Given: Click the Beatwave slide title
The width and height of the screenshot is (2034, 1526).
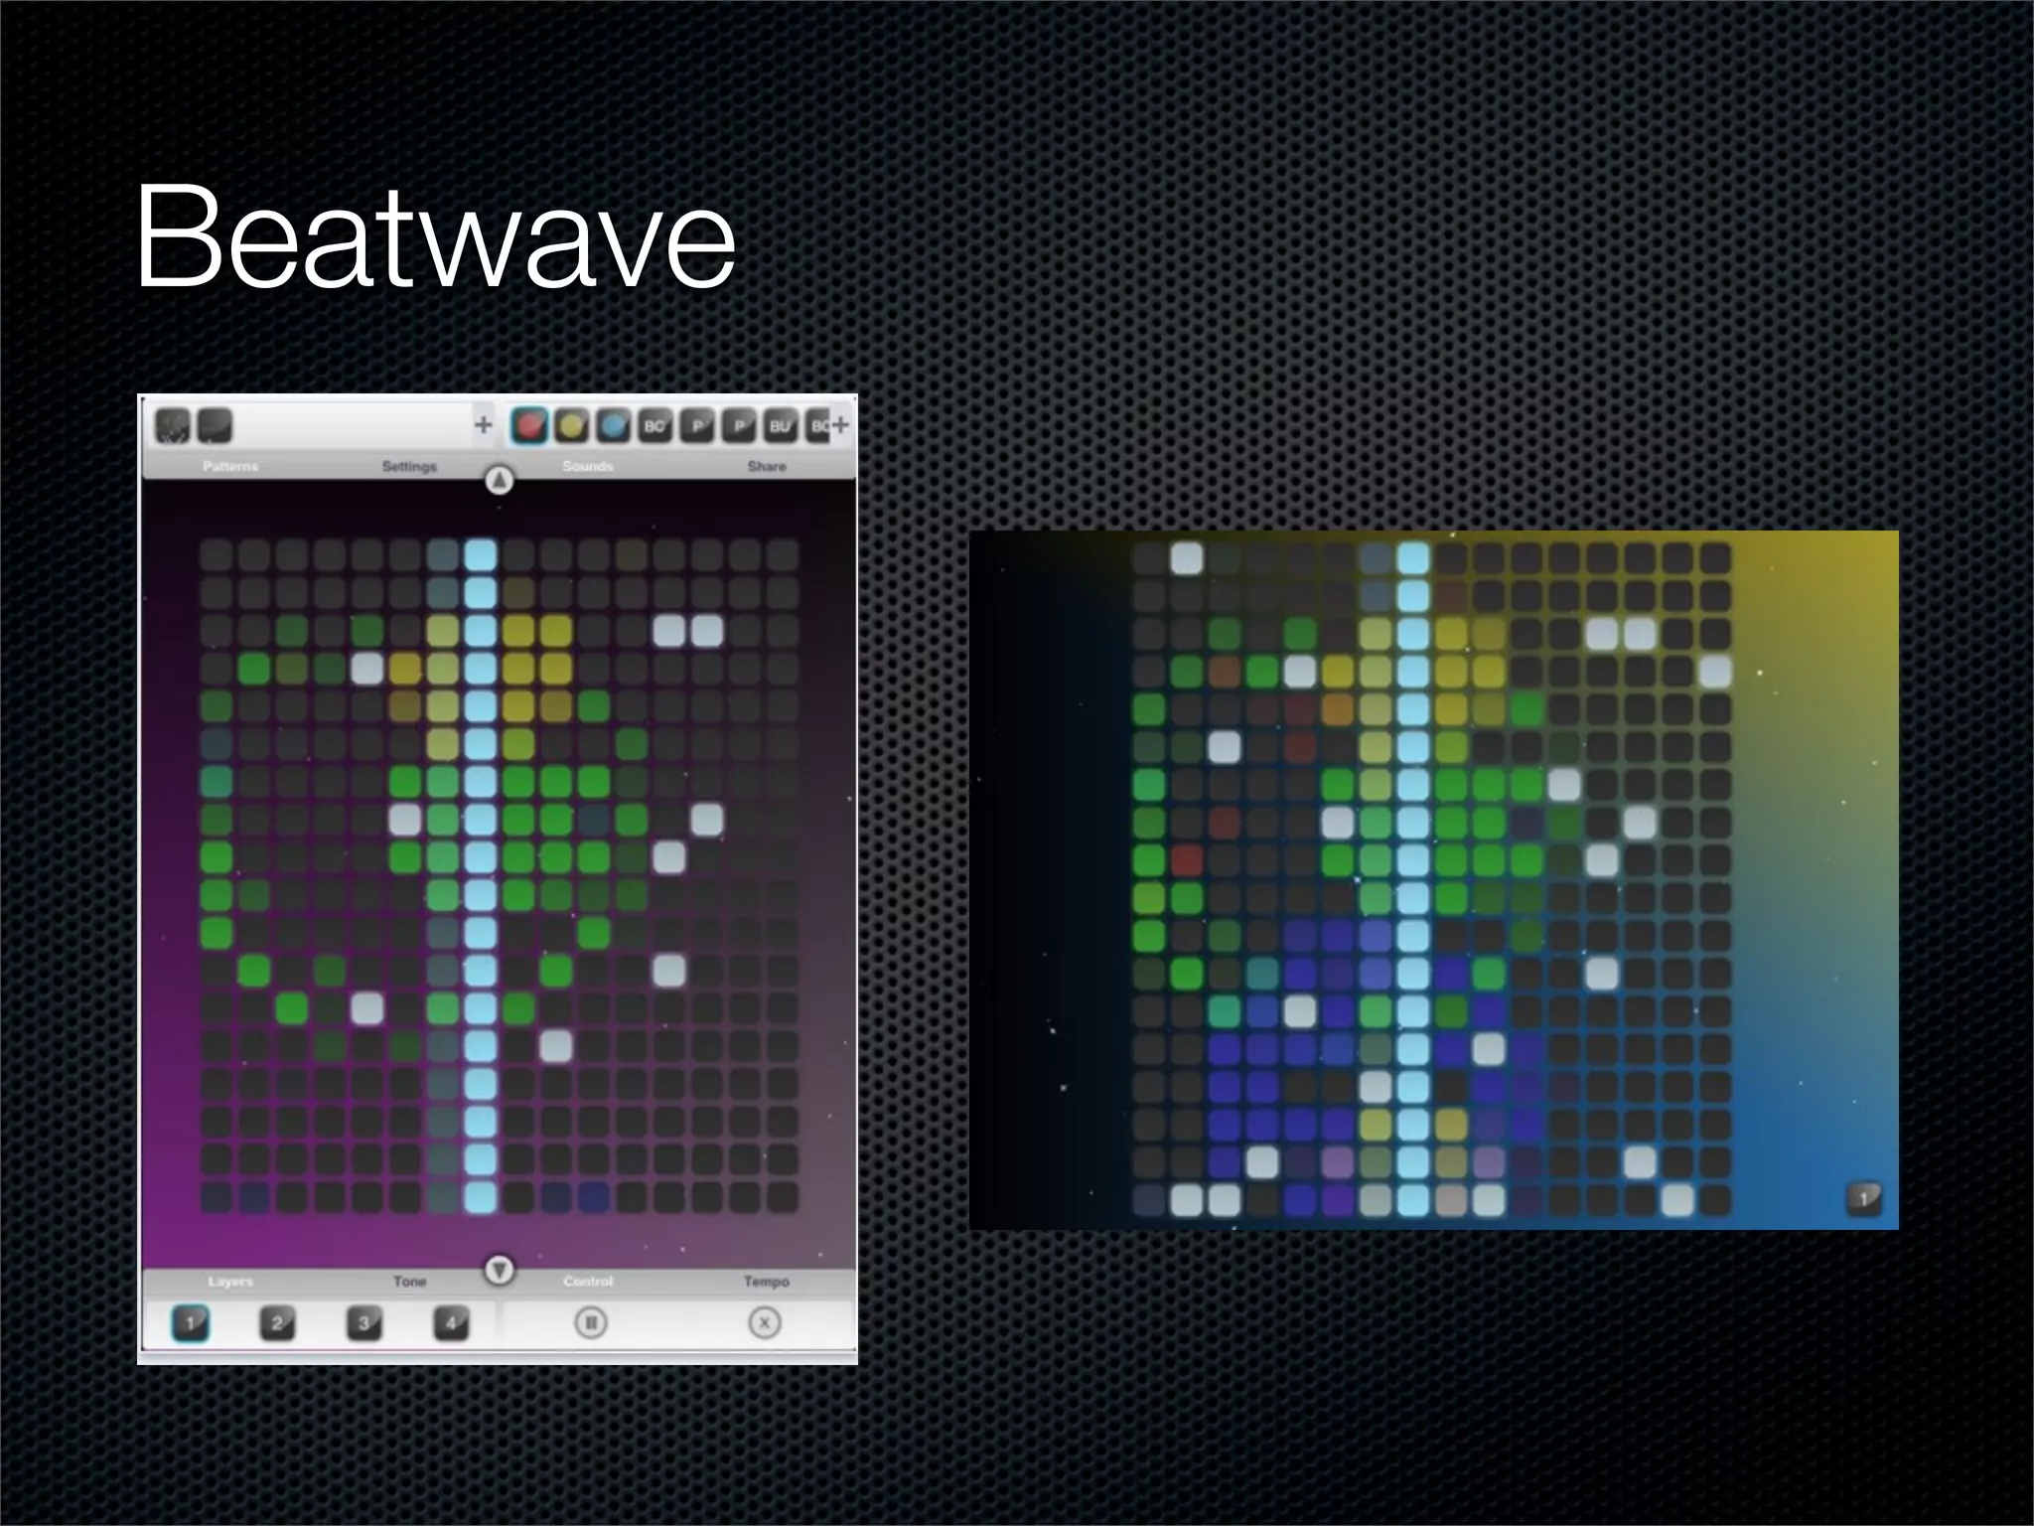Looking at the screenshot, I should (x=435, y=237).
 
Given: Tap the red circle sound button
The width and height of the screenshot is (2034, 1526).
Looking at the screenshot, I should (x=530, y=426).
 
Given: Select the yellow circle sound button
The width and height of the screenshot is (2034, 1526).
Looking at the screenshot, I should (x=571, y=426).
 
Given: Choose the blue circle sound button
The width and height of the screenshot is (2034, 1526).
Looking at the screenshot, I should (x=613, y=426).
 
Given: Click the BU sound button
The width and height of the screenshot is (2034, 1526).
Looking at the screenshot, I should (x=780, y=426).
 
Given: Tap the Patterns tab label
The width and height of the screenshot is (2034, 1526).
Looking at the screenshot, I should (x=230, y=466).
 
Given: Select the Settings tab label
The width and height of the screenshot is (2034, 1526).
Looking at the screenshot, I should (x=409, y=466).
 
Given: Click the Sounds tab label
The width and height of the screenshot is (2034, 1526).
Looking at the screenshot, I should (x=588, y=466).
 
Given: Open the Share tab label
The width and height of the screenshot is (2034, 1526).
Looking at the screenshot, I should (x=767, y=466).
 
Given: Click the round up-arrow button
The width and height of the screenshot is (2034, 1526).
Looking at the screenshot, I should (x=500, y=481).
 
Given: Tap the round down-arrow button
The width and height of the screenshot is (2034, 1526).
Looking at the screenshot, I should (x=500, y=1270).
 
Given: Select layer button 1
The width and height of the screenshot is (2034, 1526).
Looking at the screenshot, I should (x=190, y=1323).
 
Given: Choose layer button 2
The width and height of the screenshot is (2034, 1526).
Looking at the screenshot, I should (x=277, y=1323).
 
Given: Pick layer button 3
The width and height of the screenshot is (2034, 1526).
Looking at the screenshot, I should (x=363, y=1323).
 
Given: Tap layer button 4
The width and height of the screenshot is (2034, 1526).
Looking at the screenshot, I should (x=451, y=1323).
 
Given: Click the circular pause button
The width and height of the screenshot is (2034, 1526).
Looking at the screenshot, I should (x=591, y=1323).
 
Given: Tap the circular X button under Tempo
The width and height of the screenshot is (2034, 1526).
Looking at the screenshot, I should (x=765, y=1323).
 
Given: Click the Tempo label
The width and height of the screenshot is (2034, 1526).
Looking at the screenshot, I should (x=767, y=1282).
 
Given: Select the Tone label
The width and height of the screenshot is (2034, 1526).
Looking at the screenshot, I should (x=409, y=1282).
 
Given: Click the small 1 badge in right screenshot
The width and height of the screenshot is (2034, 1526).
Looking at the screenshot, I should (x=1863, y=1198).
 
